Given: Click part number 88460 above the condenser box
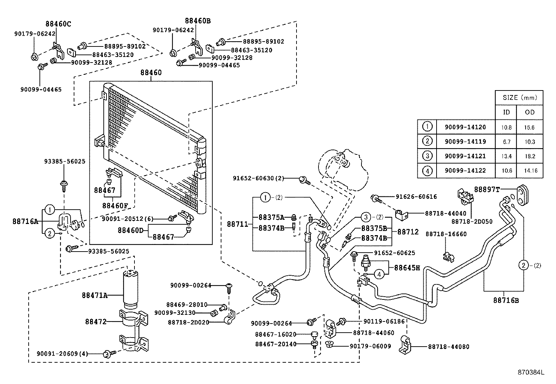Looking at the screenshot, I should [151, 73].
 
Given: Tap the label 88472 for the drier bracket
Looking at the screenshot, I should [96, 321].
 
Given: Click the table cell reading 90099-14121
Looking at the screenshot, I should [465, 156].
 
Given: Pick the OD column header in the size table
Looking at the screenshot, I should [529, 112].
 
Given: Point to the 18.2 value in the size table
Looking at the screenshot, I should [529, 156].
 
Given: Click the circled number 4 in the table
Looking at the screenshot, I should [427, 171].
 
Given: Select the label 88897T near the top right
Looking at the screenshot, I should [486, 189].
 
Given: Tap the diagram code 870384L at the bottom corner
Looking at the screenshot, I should [531, 372].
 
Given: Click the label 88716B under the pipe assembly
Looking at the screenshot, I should [506, 300].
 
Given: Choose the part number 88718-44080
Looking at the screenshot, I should [448, 347].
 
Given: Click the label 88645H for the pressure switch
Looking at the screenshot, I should [407, 268].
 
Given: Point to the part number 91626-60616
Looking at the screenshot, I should [416, 197].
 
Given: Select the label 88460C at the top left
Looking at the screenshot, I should [58, 24].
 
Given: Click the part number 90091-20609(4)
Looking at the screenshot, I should [62, 354].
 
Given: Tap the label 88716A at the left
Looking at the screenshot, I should [25, 221].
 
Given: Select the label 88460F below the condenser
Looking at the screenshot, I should [115, 205].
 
